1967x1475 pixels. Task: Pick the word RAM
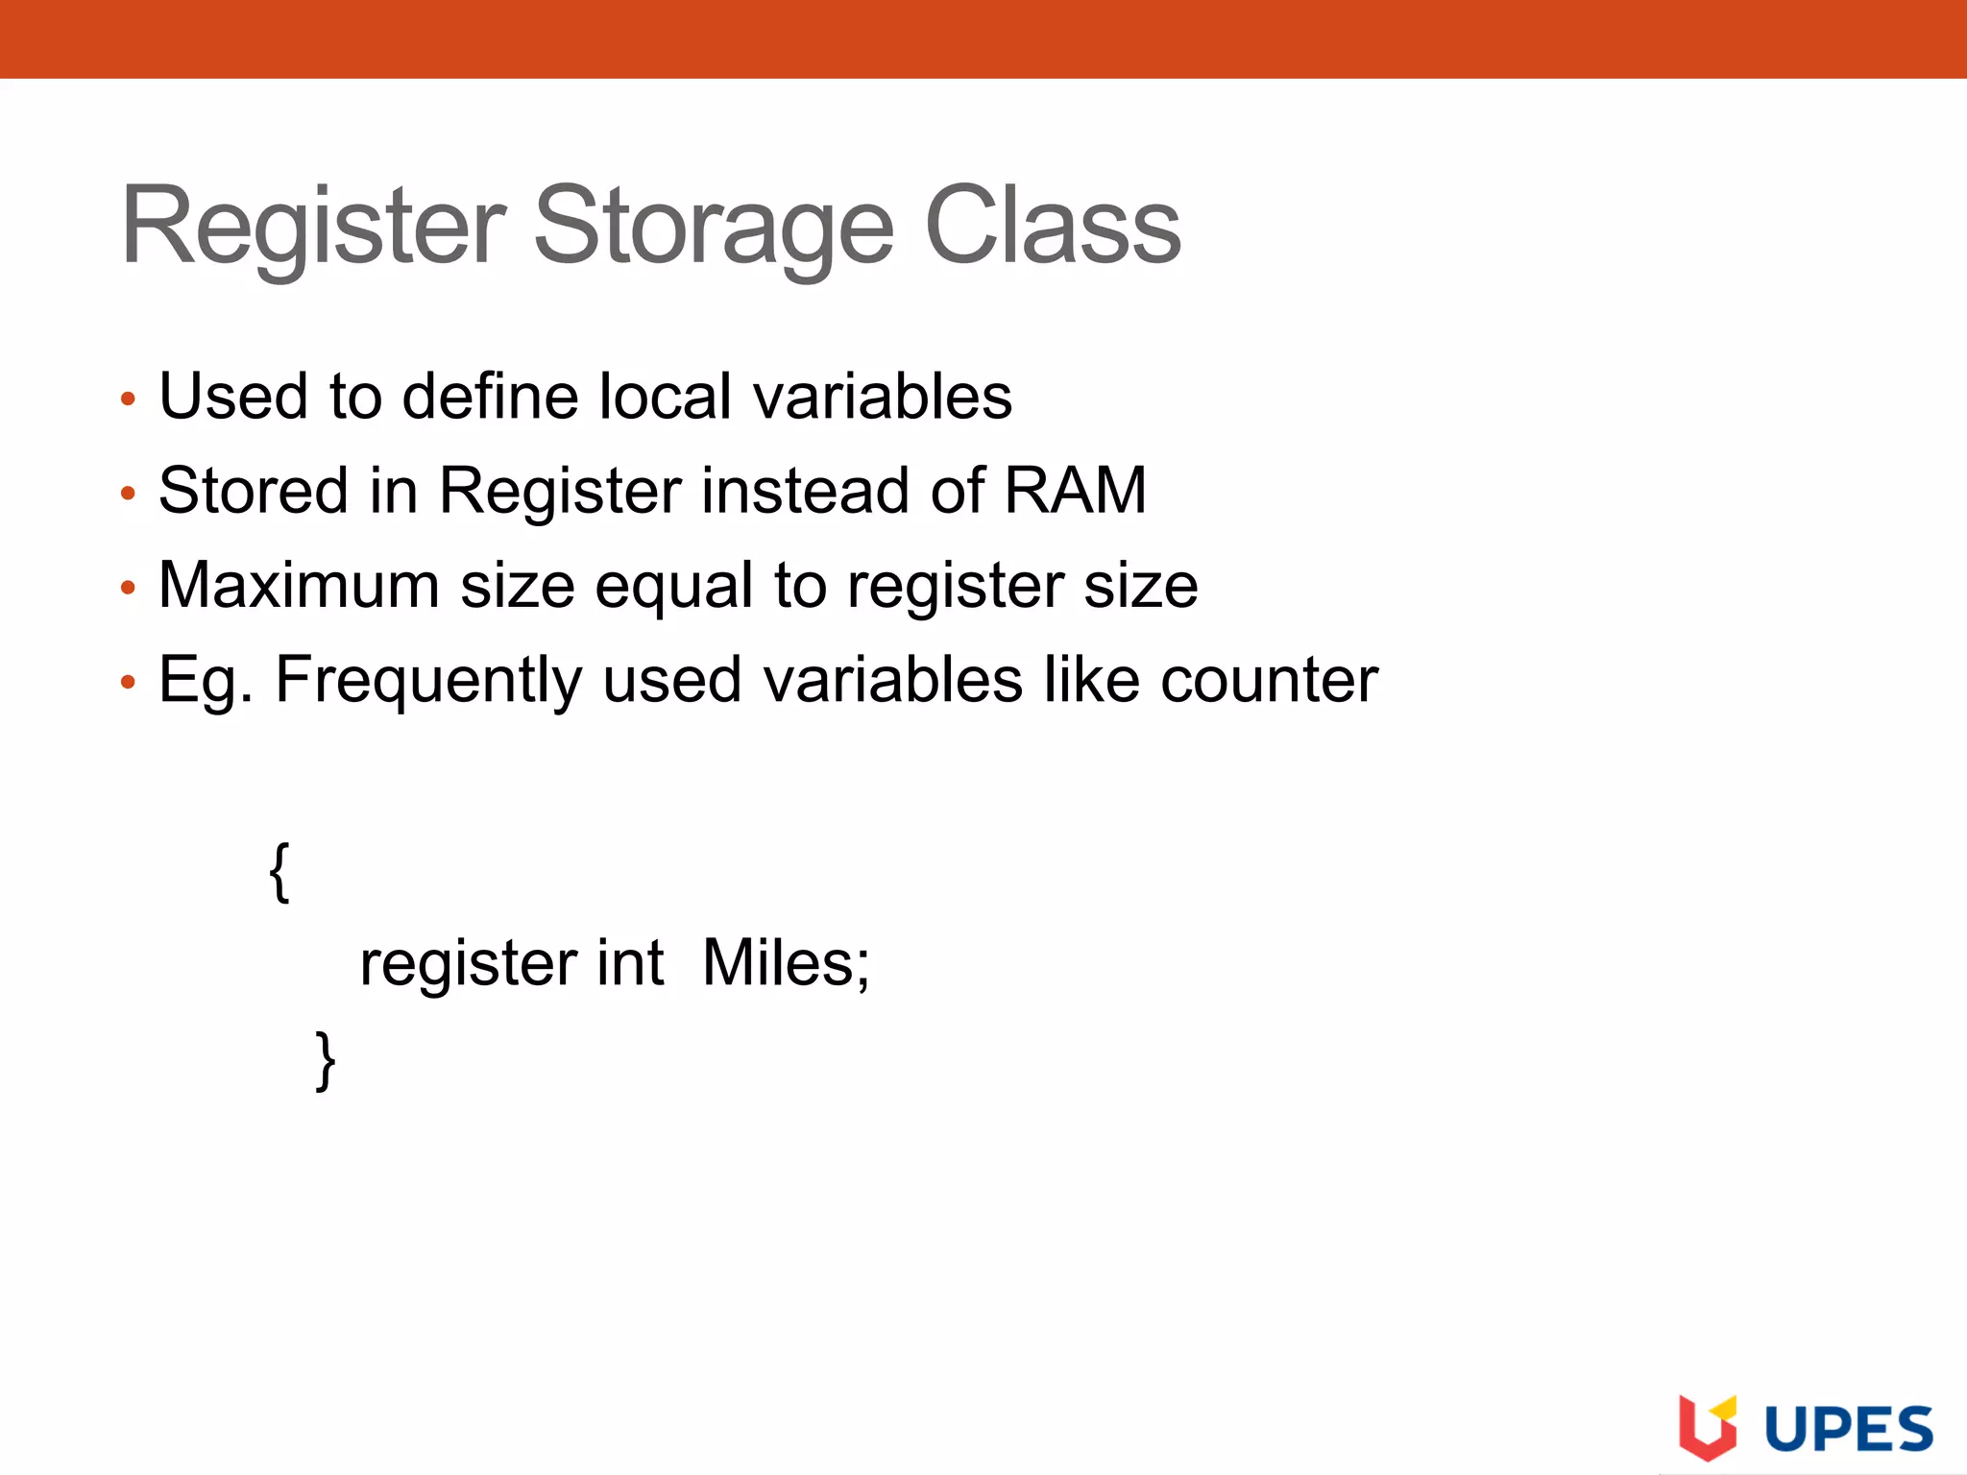coord(1075,490)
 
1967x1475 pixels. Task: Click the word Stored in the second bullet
coord(253,490)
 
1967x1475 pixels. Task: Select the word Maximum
coord(299,585)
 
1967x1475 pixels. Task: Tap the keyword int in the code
coord(630,963)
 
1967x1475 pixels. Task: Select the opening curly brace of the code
coord(279,871)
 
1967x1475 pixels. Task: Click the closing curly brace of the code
coord(326,1060)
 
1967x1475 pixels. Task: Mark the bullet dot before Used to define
coord(129,399)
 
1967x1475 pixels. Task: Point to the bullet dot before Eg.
coord(129,683)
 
